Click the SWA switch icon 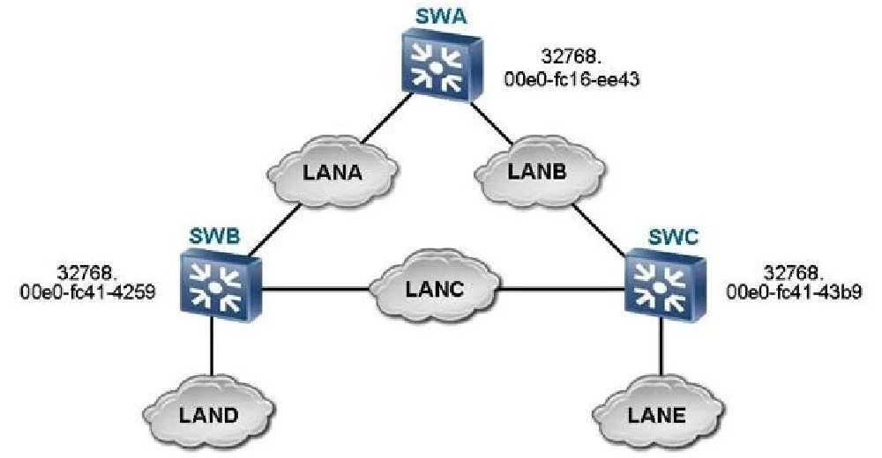(x=442, y=66)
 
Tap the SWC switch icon (x=665, y=285)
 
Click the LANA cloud (x=333, y=171)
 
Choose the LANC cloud (x=434, y=290)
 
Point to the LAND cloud (x=209, y=414)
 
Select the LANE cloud (x=657, y=414)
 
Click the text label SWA (x=441, y=17)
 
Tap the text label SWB (x=214, y=235)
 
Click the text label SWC (x=673, y=237)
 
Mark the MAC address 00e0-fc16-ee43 (x=572, y=79)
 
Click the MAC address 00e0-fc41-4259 (x=87, y=292)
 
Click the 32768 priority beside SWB (x=87, y=272)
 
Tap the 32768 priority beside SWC (x=794, y=272)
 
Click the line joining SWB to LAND (x=212, y=347)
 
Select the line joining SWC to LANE (x=661, y=348)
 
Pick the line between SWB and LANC (x=316, y=290)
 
